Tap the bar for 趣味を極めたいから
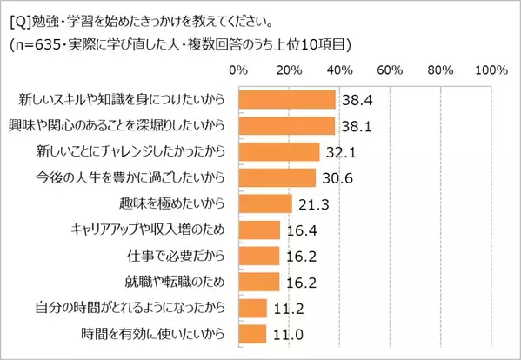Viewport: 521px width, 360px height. [x=264, y=204]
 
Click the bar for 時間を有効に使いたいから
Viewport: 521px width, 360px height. [x=251, y=334]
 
